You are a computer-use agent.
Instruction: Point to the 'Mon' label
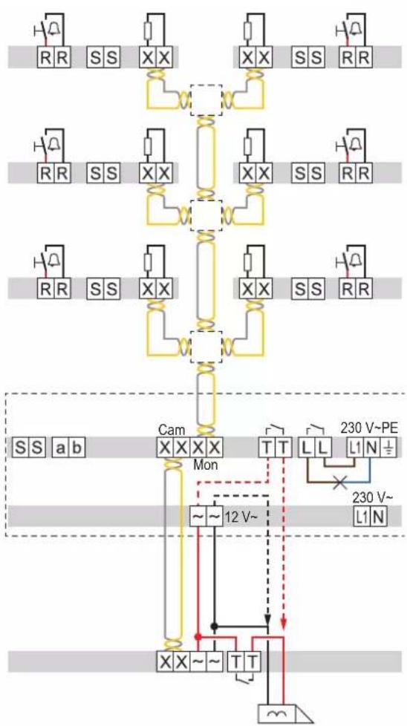click(x=206, y=465)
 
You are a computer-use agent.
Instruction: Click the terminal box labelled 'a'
click(x=61, y=448)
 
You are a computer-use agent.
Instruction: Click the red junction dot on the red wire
click(x=198, y=637)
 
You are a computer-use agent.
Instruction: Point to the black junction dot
click(x=214, y=626)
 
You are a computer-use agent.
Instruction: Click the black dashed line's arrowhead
click(x=267, y=618)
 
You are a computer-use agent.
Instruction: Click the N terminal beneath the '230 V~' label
click(x=379, y=516)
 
